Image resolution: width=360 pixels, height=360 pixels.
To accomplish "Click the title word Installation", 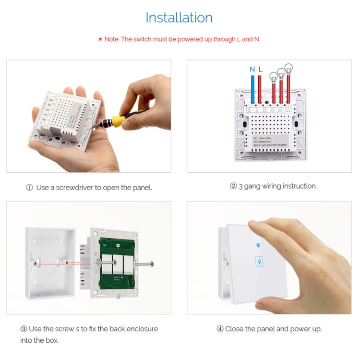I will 179,18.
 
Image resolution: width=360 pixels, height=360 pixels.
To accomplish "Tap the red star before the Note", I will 100,39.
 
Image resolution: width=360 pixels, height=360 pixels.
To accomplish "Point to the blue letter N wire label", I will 252,70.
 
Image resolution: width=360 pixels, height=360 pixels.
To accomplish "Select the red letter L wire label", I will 260,70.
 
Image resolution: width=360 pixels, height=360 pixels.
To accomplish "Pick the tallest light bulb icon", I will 288,69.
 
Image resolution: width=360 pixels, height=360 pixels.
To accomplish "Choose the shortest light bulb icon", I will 273,76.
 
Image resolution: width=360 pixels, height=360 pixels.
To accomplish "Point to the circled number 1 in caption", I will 29,188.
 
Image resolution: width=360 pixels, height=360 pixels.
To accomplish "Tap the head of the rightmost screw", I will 151,263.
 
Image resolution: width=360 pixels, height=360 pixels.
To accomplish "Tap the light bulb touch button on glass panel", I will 259,262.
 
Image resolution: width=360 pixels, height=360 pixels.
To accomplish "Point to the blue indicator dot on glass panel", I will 259,245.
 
